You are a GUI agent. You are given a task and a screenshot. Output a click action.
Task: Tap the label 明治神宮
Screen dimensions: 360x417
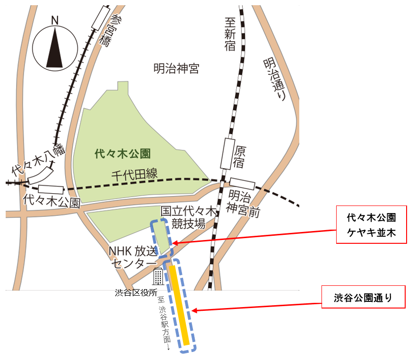tap(176, 69)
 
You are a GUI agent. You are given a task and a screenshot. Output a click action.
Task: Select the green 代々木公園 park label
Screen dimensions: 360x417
tap(122, 154)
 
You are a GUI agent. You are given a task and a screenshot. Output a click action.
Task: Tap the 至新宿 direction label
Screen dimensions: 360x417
tap(230, 33)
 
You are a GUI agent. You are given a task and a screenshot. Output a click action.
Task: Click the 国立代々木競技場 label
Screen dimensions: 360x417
tap(188, 217)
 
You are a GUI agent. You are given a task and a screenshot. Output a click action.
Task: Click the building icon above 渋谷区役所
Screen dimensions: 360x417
tap(158, 276)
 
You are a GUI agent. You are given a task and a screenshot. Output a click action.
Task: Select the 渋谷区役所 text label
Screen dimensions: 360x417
tap(136, 293)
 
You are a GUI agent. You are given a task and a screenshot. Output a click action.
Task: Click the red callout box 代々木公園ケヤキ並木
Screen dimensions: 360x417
tap(371, 225)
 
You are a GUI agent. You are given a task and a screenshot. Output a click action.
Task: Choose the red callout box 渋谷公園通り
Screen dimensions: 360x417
tap(363, 297)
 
